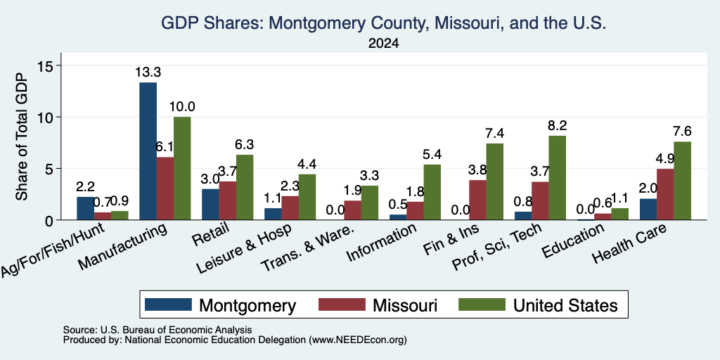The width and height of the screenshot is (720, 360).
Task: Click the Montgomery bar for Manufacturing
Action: tap(148, 151)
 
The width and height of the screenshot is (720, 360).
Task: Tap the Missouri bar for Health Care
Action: tap(665, 194)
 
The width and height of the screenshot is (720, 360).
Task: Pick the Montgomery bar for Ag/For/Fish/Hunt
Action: tap(85, 208)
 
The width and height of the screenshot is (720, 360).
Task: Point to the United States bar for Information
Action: tap(432, 192)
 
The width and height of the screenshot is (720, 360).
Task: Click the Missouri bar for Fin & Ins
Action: tap(477, 200)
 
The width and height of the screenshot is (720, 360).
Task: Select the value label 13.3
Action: tap(148, 72)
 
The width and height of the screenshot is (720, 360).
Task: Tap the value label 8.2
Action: tap(557, 126)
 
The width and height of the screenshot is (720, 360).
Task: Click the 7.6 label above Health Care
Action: tap(682, 131)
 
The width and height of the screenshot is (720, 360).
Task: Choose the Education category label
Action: tap(572, 242)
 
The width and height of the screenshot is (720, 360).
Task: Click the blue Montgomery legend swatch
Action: tap(168, 304)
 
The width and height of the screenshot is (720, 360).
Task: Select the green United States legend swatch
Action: tap(482, 304)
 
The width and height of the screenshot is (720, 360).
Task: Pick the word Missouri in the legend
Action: tap(405, 305)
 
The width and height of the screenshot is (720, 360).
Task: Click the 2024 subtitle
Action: tap(383, 44)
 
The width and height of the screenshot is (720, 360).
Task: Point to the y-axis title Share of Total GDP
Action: tap(22, 136)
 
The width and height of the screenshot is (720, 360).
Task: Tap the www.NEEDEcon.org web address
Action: tap(358, 340)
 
